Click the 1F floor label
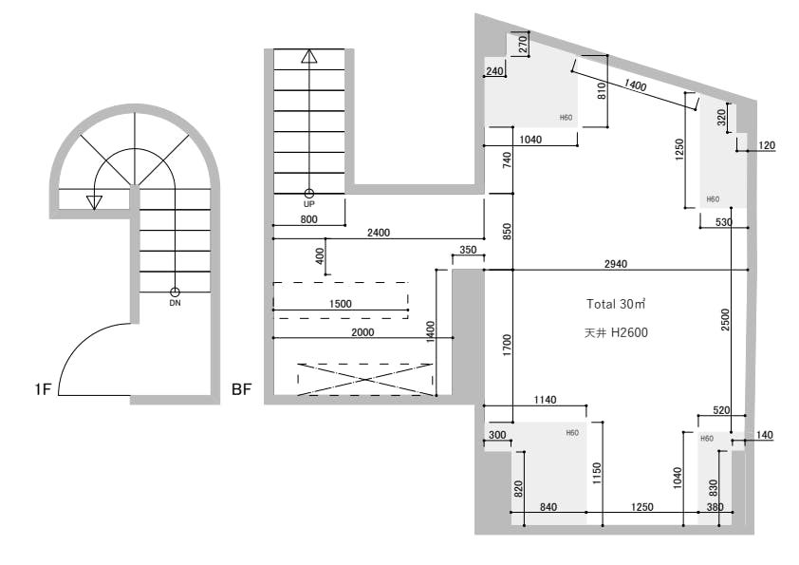(44, 389)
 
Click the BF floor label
(242, 389)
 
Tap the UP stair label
(308, 204)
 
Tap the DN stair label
(175, 303)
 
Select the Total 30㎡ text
(616, 305)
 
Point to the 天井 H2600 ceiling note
(616, 333)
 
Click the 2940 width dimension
(616, 264)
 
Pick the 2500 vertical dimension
(725, 320)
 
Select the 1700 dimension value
(507, 346)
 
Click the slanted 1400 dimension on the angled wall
(635, 85)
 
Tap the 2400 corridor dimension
(379, 233)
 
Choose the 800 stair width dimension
(308, 219)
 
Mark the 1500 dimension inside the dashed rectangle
(341, 304)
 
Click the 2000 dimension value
(362, 332)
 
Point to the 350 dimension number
(468, 250)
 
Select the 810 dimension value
(602, 91)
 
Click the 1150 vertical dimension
(597, 473)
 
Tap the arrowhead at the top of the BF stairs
(308, 56)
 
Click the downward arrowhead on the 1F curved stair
(94, 203)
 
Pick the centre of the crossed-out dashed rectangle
(364, 380)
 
